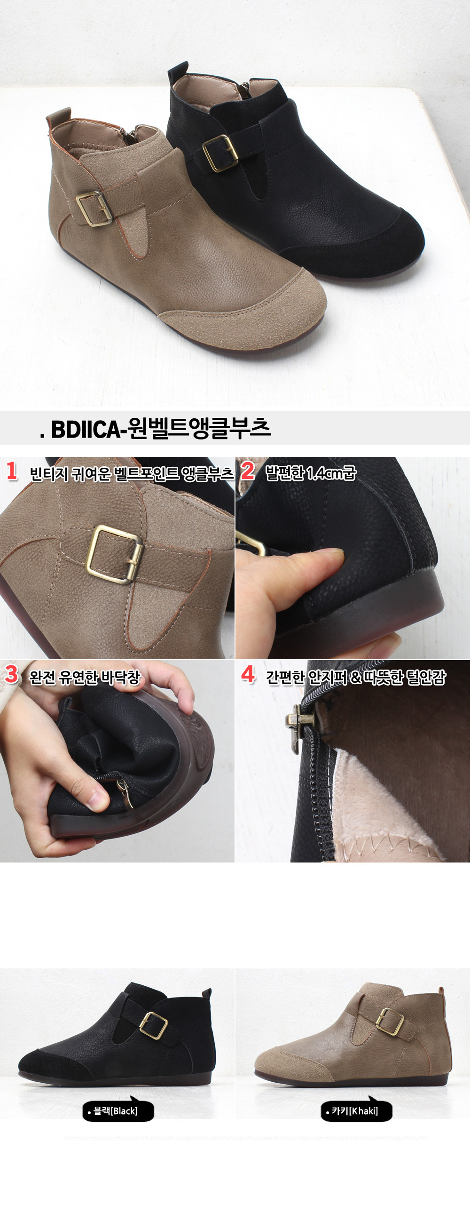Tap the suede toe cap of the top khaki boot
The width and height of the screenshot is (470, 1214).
click(x=254, y=311)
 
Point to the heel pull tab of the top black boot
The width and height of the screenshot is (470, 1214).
click(x=179, y=71)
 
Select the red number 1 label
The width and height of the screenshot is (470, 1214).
click(x=12, y=471)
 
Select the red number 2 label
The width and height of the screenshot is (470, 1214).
click(x=248, y=471)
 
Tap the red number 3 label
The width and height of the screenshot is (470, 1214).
click(x=11, y=674)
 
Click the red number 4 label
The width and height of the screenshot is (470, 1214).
click(x=248, y=674)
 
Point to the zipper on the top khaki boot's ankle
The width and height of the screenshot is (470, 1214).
click(x=132, y=136)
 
